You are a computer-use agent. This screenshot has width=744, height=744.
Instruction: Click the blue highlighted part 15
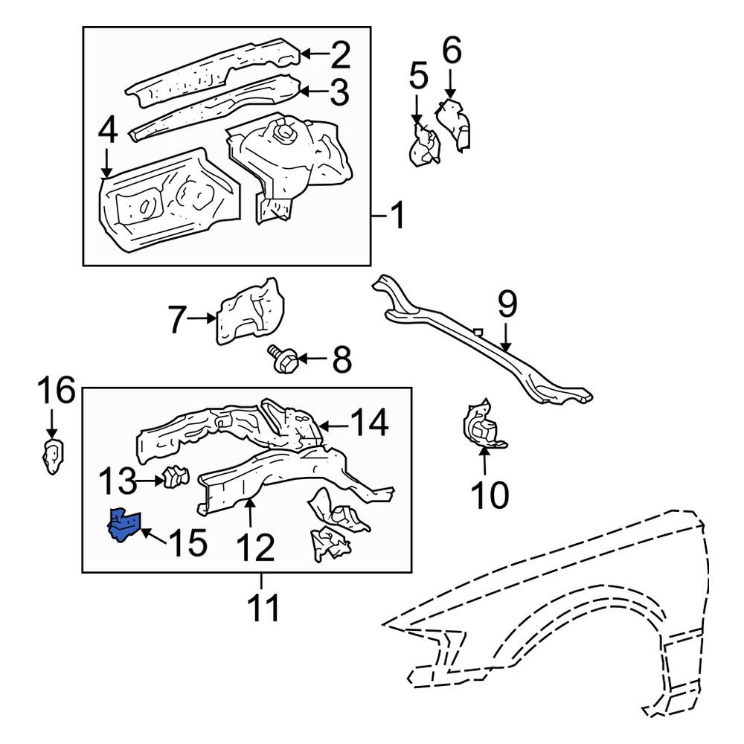(x=124, y=525)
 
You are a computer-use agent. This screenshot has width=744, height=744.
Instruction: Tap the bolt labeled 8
(x=282, y=359)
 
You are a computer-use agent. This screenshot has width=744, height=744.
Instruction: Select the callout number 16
(x=57, y=390)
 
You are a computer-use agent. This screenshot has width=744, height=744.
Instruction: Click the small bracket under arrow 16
(x=53, y=457)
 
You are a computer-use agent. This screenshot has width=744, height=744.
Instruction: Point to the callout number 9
(x=507, y=304)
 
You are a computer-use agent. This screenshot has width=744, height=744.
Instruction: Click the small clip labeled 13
(x=176, y=478)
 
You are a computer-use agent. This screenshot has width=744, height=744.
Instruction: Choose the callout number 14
(x=369, y=423)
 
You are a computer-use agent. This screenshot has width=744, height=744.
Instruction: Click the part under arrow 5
(x=425, y=146)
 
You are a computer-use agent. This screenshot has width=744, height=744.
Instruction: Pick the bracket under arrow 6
(x=454, y=124)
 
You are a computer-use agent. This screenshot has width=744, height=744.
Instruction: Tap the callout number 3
(x=339, y=92)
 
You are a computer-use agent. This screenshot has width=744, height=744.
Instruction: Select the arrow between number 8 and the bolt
(x=312, y=359)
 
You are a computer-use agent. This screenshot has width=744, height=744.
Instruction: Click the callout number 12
(x=256, y=548)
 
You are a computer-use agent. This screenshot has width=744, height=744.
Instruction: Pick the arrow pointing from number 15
(x=152, y=535)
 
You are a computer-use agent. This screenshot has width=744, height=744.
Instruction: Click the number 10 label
(x=490, y=495)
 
